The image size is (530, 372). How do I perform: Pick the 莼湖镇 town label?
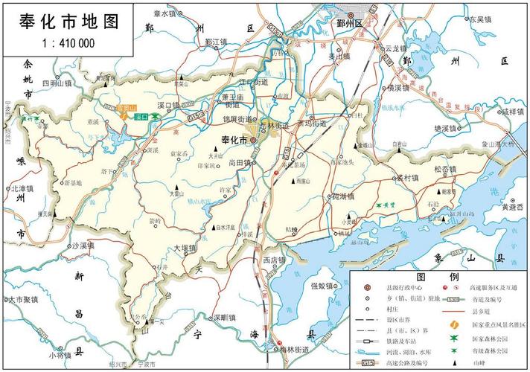pos(342,197)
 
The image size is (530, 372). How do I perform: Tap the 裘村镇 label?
pos(406,179)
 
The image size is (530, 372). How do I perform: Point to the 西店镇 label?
pos(274,261)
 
